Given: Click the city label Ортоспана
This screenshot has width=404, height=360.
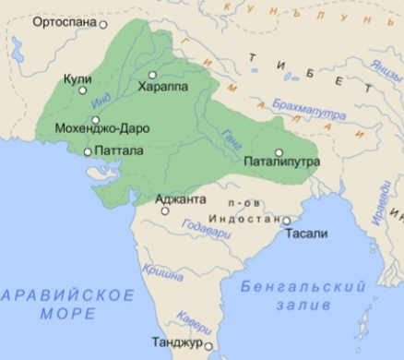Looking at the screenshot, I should pos(63,23).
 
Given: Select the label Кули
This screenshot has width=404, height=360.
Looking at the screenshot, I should pos(77,80).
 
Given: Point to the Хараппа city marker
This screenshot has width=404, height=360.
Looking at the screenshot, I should pos(153,74).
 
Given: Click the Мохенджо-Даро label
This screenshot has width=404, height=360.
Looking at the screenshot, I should pos(96,129).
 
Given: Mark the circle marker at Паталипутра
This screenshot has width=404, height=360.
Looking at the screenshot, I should pos(278,151).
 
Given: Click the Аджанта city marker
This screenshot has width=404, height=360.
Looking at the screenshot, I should pos(165,210).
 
